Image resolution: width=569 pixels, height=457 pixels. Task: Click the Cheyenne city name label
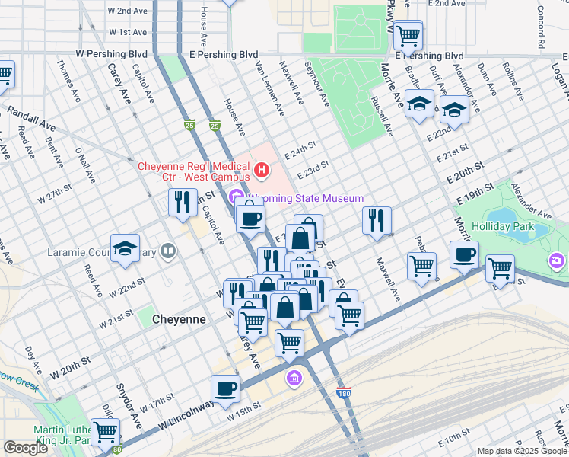(x=179, y=319)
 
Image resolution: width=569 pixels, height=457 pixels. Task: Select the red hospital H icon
(x=262, y=169)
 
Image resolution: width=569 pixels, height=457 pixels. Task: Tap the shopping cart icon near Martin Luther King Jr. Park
(x=106, y=432)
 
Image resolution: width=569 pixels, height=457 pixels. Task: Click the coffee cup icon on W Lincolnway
(x=225, y=388)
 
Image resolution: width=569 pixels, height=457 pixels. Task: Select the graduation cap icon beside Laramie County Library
(x=125, y=248)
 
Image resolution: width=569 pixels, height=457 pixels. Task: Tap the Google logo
(x=25, y=448)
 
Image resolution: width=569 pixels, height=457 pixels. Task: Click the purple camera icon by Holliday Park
(x=558, y=261)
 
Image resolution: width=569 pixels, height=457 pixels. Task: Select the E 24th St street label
(x=300, y=149)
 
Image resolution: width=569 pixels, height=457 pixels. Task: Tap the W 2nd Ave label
(x=128, y=11)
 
